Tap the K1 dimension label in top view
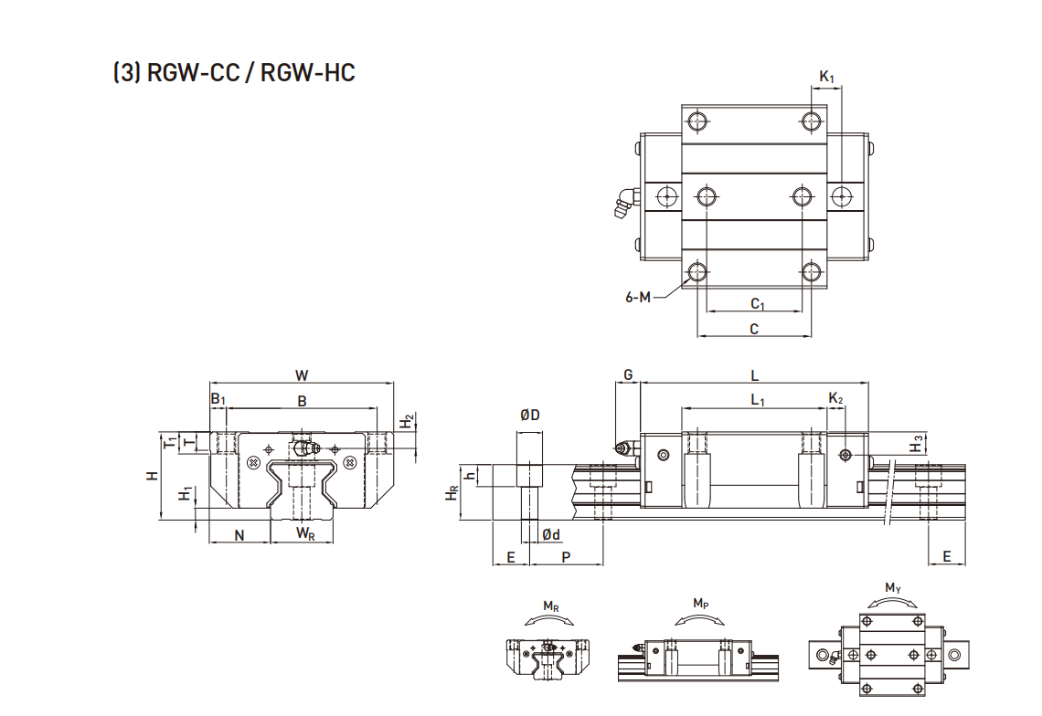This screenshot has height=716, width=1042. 826,78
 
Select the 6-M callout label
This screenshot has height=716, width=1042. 641,296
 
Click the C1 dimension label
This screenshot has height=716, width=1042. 757,303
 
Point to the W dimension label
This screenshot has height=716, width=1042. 301,374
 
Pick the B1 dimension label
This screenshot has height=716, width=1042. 218,400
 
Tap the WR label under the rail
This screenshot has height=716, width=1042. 305,534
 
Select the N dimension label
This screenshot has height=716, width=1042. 239,535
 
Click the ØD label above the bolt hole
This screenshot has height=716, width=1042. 529,415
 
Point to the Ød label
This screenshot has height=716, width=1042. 550,534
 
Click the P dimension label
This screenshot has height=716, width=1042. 566,556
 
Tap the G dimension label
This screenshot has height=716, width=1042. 627,375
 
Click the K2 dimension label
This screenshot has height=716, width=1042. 835,399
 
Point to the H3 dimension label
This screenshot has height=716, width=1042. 917,445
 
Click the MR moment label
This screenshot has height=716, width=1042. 551,605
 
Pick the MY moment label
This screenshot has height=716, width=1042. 893,587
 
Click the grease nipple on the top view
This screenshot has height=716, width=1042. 623,202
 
